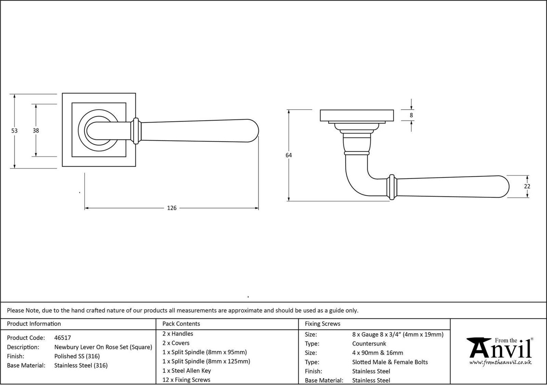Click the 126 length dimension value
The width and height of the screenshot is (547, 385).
(x=172, y=208)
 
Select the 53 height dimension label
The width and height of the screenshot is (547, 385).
(x=14, y=131)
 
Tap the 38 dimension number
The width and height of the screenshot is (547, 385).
(x=36, y=130)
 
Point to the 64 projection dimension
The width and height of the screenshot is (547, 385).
(x=289, y=155)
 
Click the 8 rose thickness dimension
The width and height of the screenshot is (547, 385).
(x=411, y=115)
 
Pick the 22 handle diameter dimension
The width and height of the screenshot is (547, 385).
(x=527, y=186)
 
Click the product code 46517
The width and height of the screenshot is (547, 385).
(x=62, y=338)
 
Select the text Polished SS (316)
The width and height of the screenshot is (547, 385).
(x=77, y=356)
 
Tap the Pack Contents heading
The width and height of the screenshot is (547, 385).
(x=181, y=324)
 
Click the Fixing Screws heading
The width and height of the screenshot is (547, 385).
(x=322, y=324)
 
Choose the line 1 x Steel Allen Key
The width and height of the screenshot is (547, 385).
(x=187, y=371)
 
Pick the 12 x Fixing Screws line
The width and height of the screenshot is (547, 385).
(x=186, y=380)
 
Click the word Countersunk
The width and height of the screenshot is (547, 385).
(x=369, y=344)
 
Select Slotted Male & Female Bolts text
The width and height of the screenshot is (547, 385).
(x=390, y=362)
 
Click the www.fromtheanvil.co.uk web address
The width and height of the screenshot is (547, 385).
(x=500, y=363)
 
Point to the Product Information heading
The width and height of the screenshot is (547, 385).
(x=34, y=324)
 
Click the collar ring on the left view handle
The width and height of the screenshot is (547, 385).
(x=136, y=131)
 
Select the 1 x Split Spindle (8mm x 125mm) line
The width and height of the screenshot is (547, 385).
(x=206, y=361)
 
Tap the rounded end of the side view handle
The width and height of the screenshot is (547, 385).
(x=504, y=187)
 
